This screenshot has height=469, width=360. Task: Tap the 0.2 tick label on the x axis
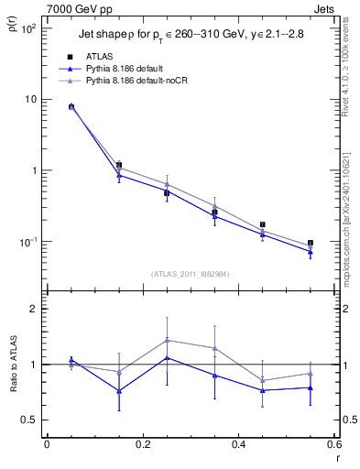click(x=142, y=444)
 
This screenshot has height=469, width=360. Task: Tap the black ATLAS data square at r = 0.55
click(x=311, y=243)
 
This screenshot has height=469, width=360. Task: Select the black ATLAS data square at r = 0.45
click(x=263, y=224)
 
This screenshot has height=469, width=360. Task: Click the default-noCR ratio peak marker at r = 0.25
click(x=167, y=340)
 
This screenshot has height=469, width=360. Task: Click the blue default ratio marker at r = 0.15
click(x=119, y=390)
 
